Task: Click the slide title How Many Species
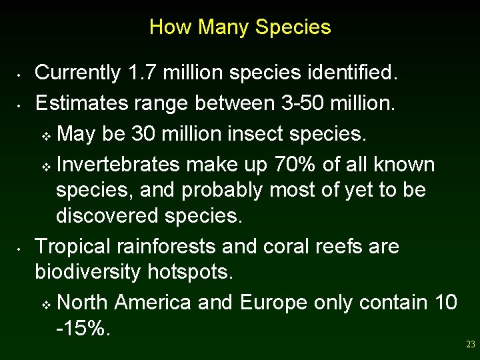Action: [x=240, y=27]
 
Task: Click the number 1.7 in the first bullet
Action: [x=137, y=72]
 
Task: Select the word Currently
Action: [x=76, y=72]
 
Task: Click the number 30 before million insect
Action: [x=145, y=134]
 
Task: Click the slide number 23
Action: [x=471, y=345]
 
